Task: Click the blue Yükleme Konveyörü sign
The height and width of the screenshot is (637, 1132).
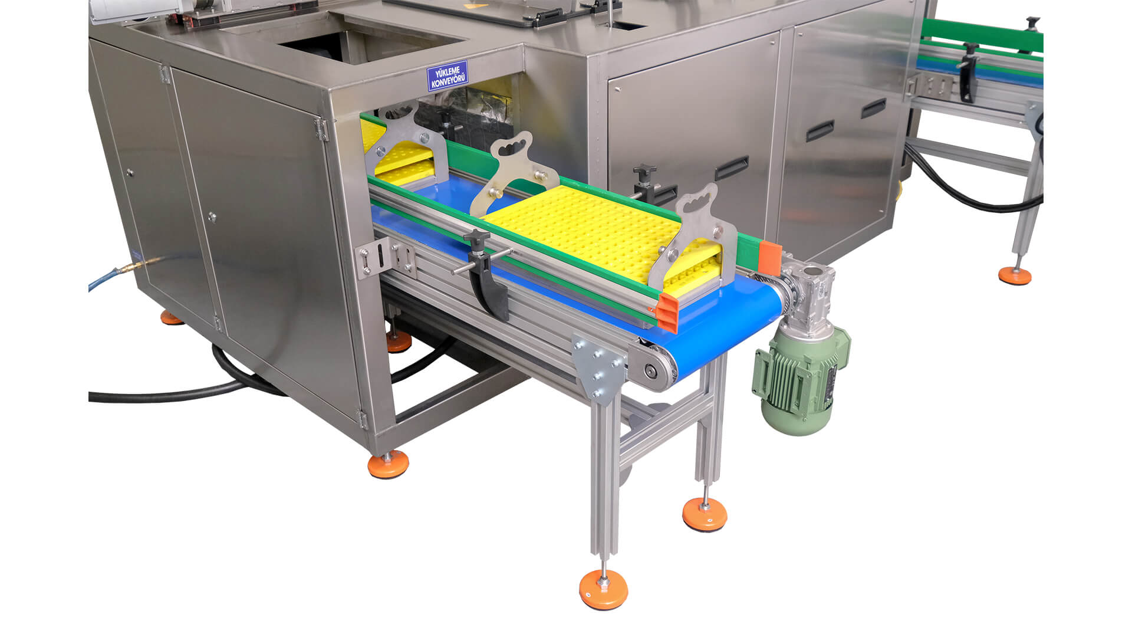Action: (x=447, y=76)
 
